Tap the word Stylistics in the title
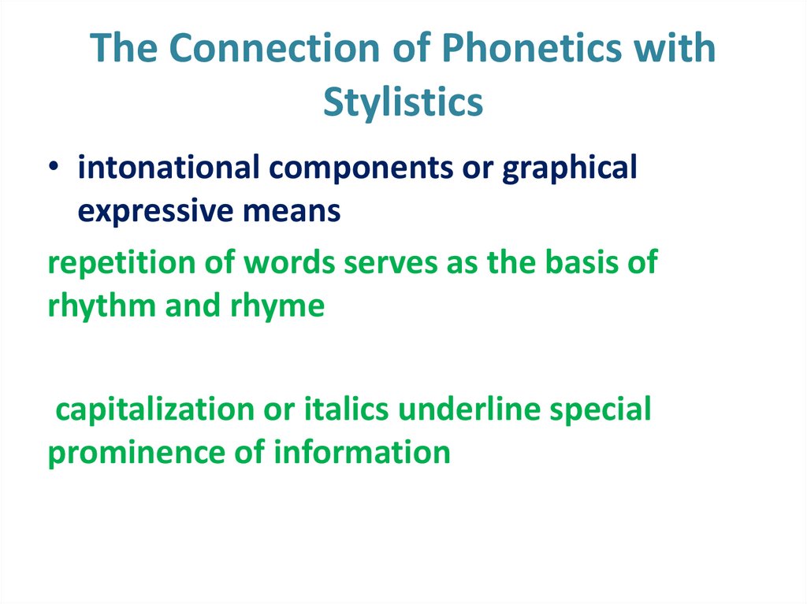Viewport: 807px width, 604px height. click(403, 102)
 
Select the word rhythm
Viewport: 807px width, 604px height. click(102, 306)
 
